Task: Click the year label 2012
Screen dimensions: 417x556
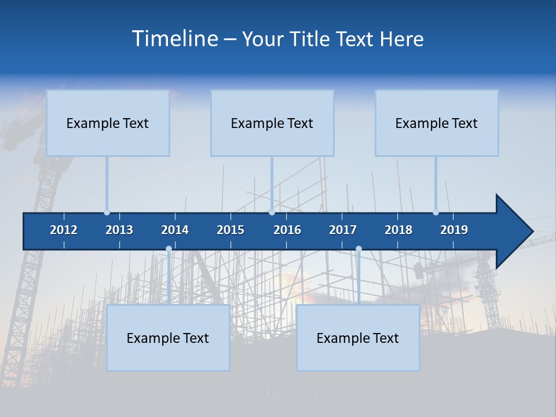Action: pos(64,230)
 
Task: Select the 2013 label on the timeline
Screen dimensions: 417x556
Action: pos(119,230)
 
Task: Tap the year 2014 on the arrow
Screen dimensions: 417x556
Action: pos(175,230)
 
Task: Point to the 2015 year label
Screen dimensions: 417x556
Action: pos(231,230)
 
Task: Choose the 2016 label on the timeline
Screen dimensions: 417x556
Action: pos(287,230)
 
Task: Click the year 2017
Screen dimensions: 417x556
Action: pos(343,230)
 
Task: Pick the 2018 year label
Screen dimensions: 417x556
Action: pos(398,230)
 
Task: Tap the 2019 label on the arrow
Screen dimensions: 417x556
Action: pos(454,230)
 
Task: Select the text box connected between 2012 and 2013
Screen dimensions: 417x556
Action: pos(108,123)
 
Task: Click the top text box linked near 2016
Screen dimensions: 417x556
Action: pos(272,123)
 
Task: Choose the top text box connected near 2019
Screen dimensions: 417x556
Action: pos(437,123)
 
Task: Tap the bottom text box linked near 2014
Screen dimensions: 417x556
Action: pos(168,338)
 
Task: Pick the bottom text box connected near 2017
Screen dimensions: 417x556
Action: pos(358,338)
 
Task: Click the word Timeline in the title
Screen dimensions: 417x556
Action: pos(174,38)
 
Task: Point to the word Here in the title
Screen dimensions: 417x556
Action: pos(401,39)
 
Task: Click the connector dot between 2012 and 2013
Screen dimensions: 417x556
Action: pos(107,213)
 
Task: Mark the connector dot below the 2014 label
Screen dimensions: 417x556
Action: pos(169,249)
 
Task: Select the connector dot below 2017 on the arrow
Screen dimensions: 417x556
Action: pos(359,249)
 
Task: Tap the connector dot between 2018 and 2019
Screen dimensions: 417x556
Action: pos(436,213)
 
